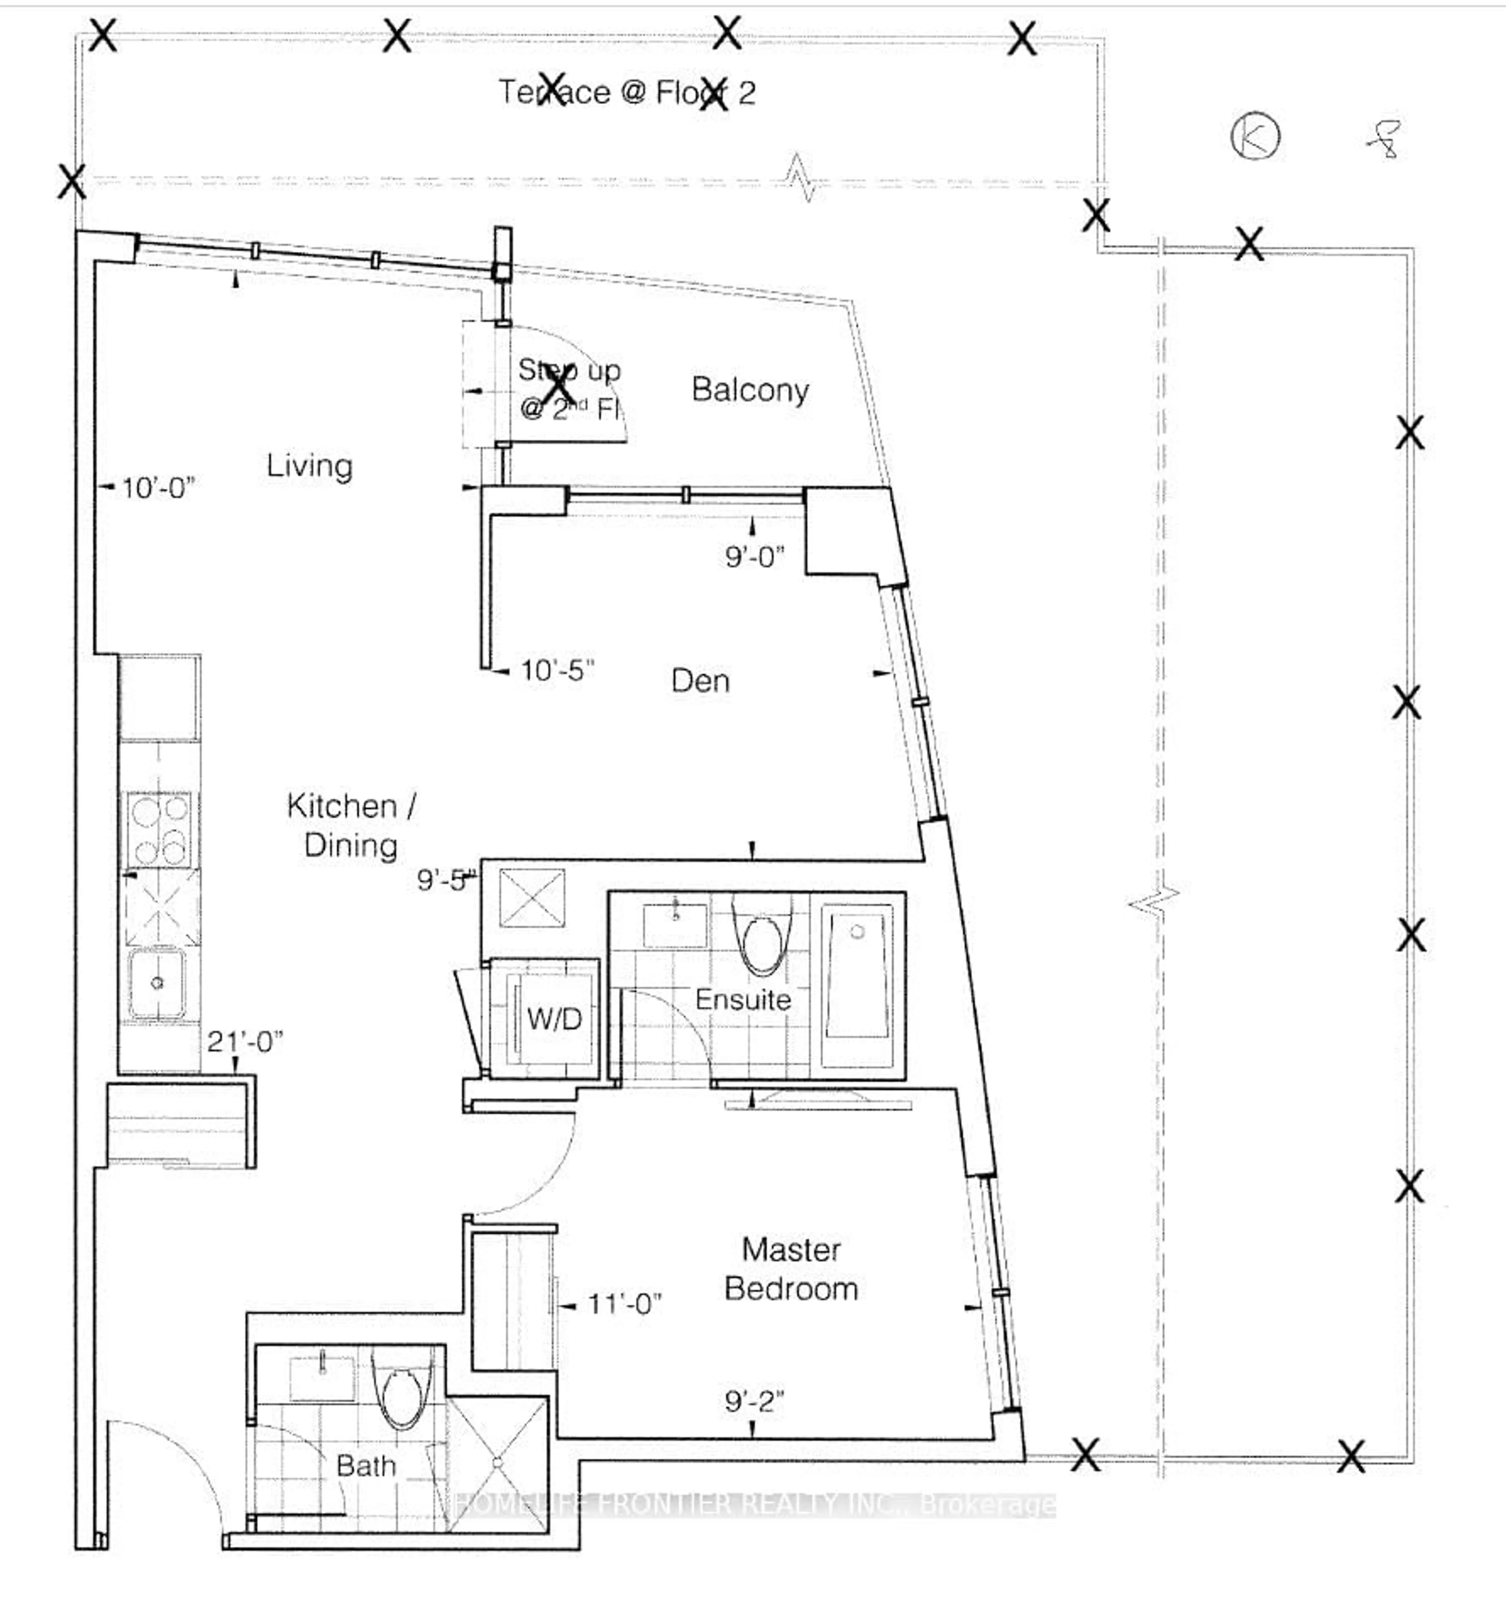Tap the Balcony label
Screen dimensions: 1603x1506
750,390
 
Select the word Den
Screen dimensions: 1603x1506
700,681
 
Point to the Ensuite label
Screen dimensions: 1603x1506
742,1000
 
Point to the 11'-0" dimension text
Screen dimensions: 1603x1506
624,1304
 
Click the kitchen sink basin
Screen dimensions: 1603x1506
157,983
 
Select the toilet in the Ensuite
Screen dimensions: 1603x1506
762,944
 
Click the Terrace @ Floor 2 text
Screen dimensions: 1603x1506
626,93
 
